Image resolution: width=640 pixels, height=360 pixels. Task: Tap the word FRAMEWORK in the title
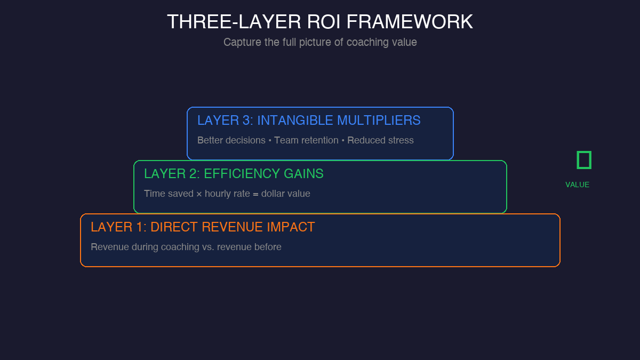(410, 22)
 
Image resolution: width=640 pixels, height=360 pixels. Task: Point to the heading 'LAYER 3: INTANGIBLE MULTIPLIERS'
(309, 121)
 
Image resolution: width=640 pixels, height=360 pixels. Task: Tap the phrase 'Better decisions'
(231, 140)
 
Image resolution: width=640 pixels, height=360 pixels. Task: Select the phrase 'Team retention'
(306, 140)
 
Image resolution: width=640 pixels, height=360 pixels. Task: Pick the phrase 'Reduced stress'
(380, 140)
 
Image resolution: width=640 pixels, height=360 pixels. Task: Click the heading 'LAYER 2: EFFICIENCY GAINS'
(234, 174)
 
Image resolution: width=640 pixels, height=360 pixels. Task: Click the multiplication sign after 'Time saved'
(199, 194)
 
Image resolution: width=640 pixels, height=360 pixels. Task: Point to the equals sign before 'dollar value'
(255, 194)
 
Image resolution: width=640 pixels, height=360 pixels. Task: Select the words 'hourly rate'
(227, 194)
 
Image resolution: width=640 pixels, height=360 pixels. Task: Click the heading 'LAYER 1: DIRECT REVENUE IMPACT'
(203, 227)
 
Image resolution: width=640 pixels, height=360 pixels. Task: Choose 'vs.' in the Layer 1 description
(206, 247)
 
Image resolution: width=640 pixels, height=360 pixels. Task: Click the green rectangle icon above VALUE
(584, 160)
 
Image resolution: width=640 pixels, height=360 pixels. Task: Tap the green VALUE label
(578, 185)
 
